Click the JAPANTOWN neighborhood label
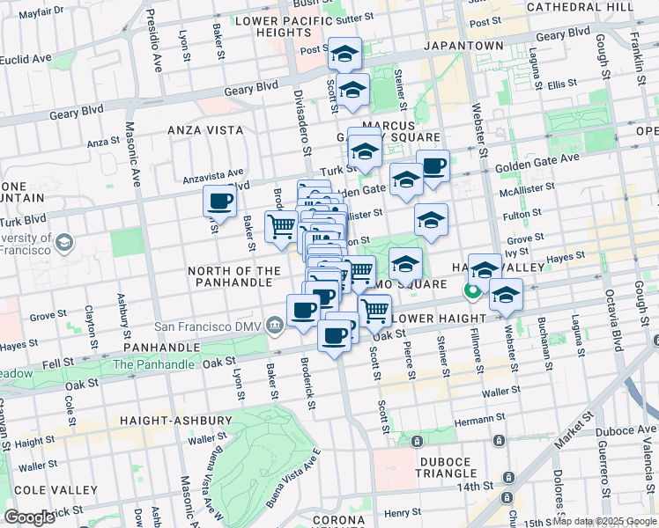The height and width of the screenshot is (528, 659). [x=463, y=46]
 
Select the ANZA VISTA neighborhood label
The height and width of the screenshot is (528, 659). [x=205, y=129]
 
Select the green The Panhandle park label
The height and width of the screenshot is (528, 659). [x=153, y=364]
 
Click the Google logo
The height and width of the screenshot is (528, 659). [x=29, y=517]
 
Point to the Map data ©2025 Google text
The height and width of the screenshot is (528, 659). [x=604, y=521]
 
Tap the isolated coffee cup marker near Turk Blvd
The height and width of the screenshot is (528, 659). [x=219, y=201]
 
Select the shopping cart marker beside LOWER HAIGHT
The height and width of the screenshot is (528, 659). [x=375, y=309]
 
